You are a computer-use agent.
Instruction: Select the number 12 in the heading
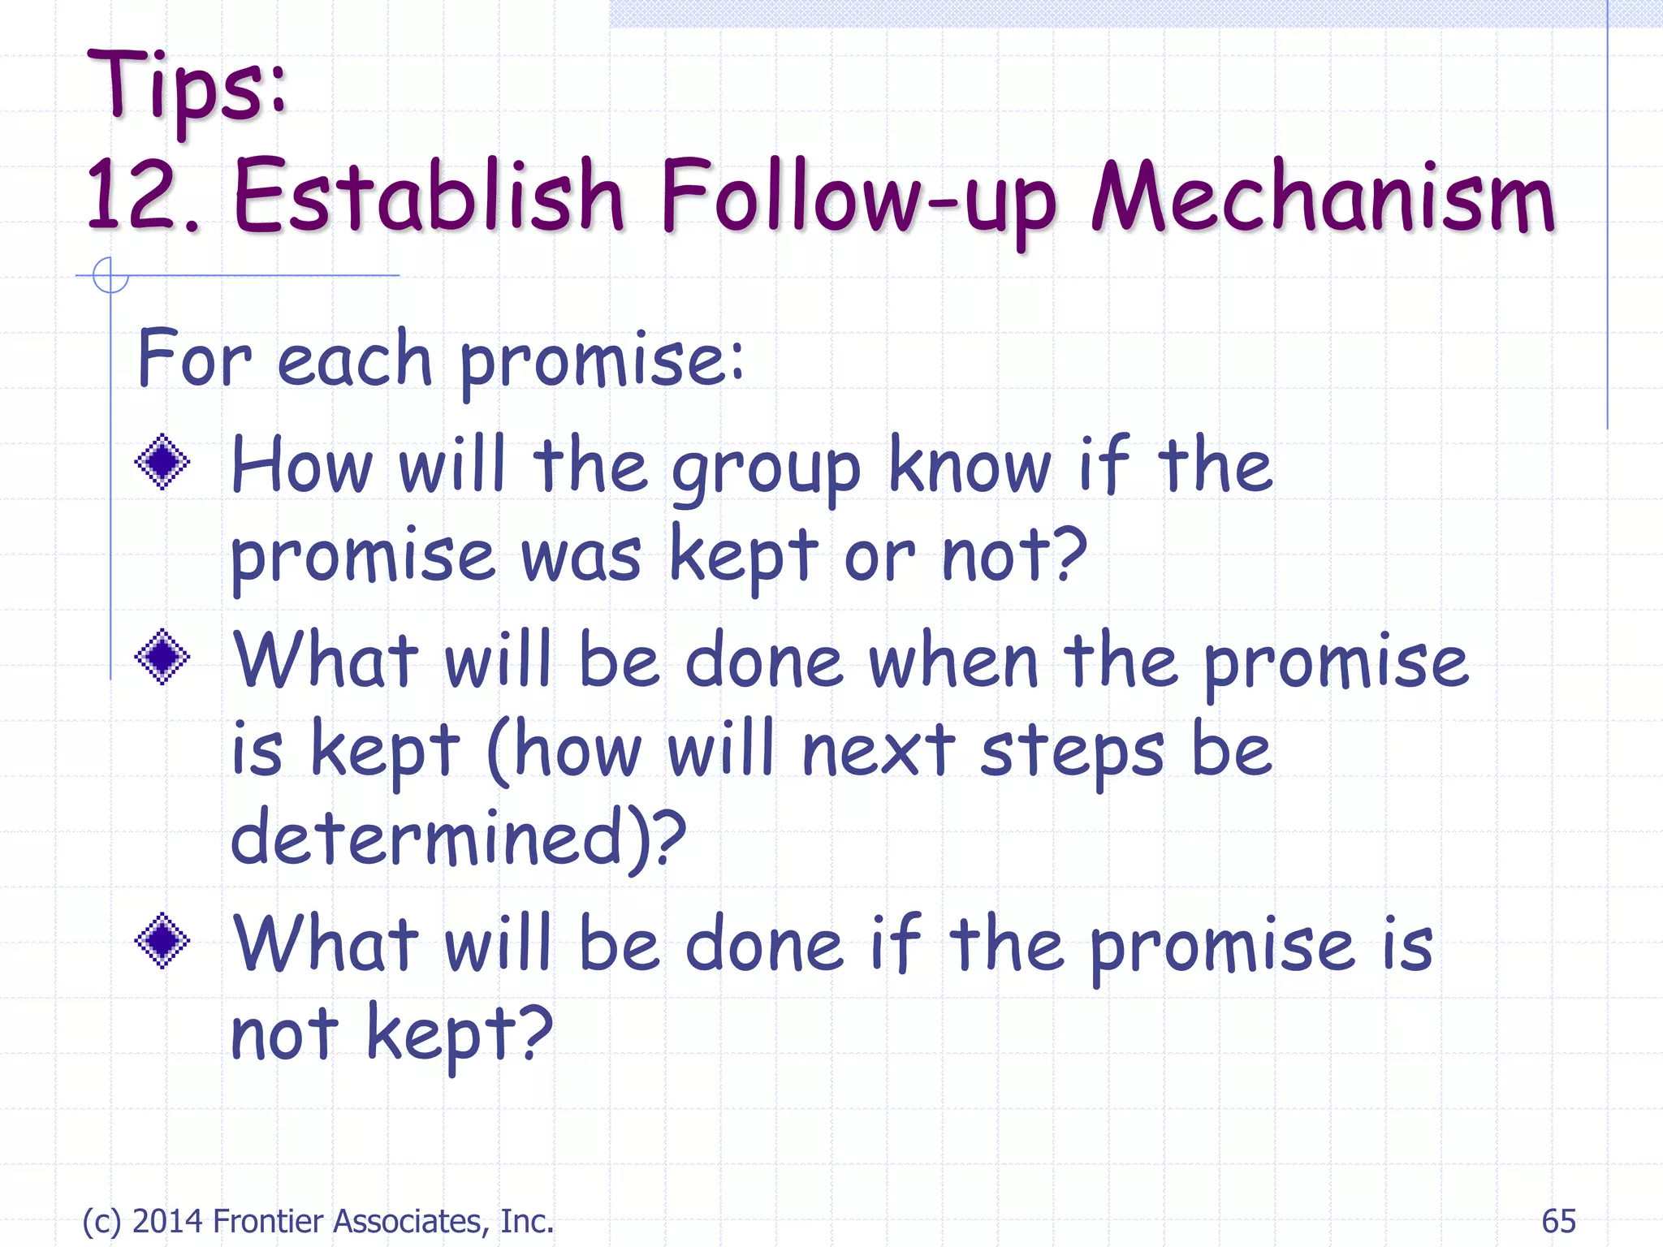point(130,195)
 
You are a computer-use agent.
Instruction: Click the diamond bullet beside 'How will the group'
point(162,462)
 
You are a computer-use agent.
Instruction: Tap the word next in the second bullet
point(878,751)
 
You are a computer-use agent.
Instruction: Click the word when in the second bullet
point(953,662)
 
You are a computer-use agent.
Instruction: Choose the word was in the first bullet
point(581,558)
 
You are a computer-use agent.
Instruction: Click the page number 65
point(1558,1220)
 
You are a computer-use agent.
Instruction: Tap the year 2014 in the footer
point(167,1220)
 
